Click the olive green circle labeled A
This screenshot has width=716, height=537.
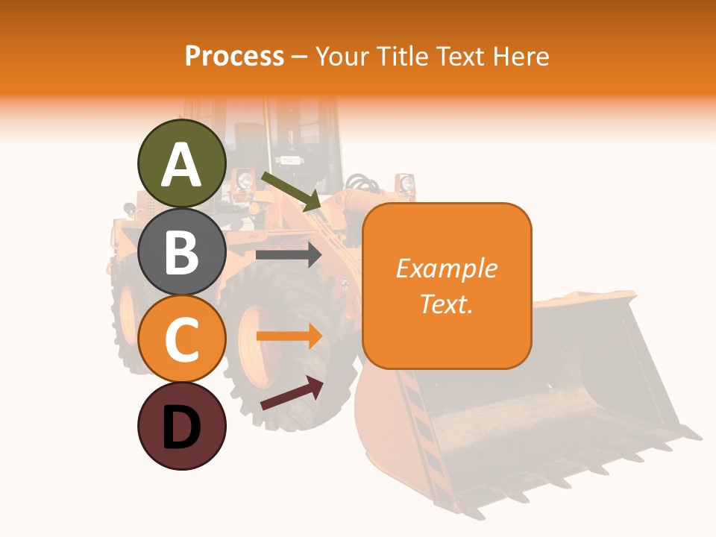click(181, 163)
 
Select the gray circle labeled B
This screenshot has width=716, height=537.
click(181, 251)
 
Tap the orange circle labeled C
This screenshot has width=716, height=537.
click(181, 339)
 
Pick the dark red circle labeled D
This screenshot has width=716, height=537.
click(181, 426)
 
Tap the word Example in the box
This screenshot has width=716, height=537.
click(446, 268)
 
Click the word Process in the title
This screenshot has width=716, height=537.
click(234, 56)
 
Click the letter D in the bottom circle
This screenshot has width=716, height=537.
click(181, 427)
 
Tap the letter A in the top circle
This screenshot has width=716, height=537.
click(181, 165)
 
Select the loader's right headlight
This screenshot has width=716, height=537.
click(406, 183)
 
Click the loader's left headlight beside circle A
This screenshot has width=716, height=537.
click(243, 179)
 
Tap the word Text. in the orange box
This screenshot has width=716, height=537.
click(446, 304)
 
